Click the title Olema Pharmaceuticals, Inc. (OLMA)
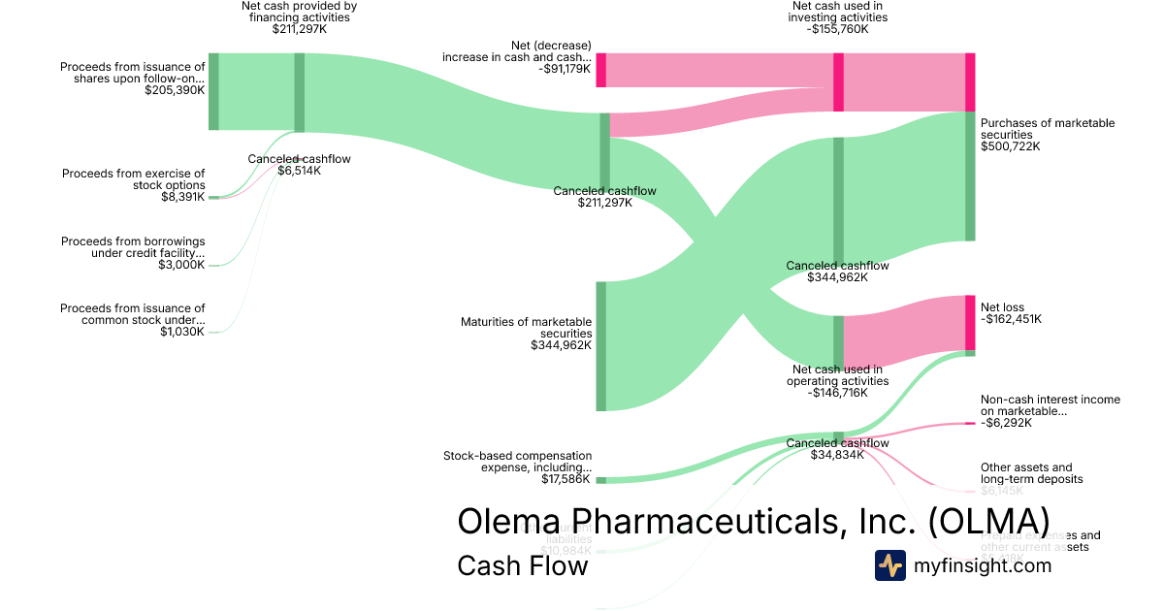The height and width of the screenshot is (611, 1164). [x=753, y=520]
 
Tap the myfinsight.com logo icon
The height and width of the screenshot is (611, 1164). [x=890, y=565]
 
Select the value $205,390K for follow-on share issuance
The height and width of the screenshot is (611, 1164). [x=175, y=90]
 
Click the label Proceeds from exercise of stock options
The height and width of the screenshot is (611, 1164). [x=134, y=179]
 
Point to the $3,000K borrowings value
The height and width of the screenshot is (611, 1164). [x=181, y=265]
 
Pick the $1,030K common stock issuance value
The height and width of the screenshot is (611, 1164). [x=181, y=332]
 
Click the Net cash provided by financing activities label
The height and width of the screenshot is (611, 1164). [x=299, y=12]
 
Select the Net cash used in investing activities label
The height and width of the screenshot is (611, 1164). [x=838, y=12]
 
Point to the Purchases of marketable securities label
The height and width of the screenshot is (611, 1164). [x=1048, y=129]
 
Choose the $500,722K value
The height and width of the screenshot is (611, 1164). [x=1010, y=146]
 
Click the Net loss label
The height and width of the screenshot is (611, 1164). [x=1002, y=307]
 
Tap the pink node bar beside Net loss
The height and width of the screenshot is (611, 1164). [x=970, y=322]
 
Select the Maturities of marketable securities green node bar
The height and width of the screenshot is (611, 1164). [x=600, y=346]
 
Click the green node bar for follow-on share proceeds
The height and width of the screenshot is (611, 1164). [x=213, y=91]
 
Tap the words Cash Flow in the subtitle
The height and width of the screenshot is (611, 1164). [x=522, y=566]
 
